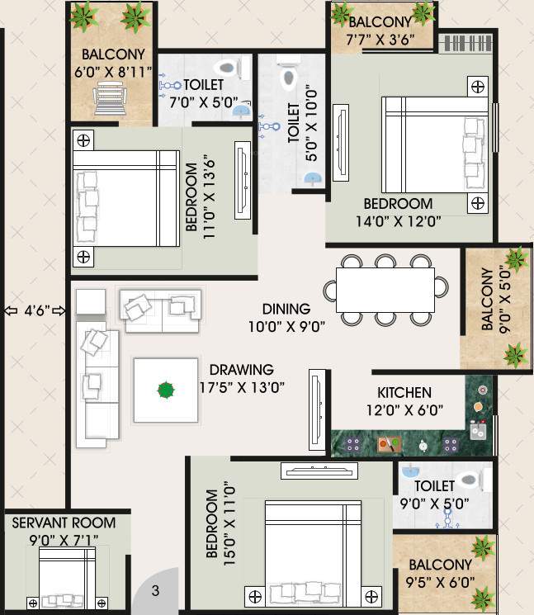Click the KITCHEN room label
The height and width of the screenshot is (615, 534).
[x=404, y=392]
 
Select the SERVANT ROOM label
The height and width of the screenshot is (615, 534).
[x=64, y=523]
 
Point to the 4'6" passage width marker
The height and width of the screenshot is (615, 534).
[x=35, y=311]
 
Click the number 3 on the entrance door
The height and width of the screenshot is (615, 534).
[x=155, y=591]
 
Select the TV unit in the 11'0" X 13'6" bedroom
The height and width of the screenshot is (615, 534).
[x=243, y=178]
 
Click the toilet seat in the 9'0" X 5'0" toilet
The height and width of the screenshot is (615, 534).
[x=468, y=479]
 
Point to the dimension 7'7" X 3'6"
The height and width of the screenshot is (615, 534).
[x=380, y=38]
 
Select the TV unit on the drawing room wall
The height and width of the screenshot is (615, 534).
[x=316, y=408]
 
